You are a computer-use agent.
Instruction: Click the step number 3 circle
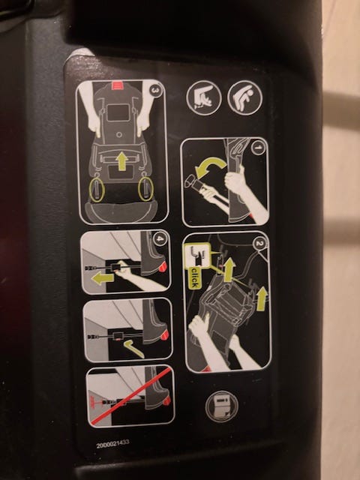[155, 90]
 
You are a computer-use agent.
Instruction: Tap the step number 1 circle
[258, 148]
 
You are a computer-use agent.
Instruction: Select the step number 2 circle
[260, 244]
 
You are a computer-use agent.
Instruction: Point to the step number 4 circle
[160, 239]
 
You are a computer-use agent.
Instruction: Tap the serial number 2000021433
[112, 444]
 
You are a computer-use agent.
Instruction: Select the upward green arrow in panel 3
[122, 161]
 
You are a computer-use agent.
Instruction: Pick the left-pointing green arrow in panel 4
[103, 278]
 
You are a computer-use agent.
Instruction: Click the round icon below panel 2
[222, 406]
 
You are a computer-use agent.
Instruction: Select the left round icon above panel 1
[204, 98]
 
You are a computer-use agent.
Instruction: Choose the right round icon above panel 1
[245, 98]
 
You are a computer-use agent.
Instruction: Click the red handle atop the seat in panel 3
[117, 85]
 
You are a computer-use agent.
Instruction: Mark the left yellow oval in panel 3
[97, 189]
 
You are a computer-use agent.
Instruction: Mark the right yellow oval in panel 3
[146, 189]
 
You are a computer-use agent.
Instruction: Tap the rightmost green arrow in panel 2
[262, 298]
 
